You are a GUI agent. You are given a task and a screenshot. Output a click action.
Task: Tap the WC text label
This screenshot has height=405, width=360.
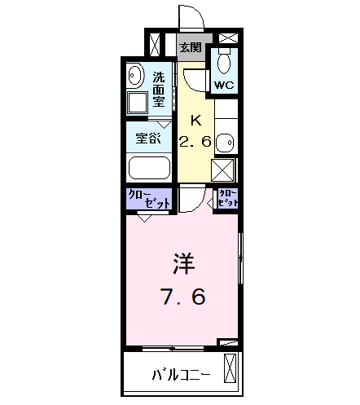[224, 84]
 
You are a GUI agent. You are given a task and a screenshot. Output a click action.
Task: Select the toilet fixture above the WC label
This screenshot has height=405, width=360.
[225, 61]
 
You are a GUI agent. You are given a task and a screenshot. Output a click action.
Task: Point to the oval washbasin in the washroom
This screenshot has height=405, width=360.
[136, 76]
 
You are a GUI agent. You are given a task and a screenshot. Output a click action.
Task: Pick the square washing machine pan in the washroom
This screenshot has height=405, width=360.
[137, 102]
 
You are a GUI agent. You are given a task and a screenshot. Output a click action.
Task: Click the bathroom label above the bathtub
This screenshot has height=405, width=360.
[148, 138]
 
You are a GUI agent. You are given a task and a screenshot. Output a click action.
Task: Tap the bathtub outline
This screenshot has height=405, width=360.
[149, 169]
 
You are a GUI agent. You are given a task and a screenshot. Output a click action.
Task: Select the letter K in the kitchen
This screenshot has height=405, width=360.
[195, 119]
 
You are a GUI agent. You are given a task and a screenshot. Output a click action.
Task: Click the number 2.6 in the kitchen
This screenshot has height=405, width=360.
[195, 140]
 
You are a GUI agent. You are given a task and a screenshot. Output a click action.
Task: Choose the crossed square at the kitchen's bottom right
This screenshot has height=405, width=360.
[224, 169]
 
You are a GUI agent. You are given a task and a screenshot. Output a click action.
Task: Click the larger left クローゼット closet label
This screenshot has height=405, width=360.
[147, 200]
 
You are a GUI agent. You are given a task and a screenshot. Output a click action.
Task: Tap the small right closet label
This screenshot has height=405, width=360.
[227, 198]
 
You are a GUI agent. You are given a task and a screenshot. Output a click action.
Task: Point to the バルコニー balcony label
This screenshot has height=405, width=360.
[182, 376]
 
